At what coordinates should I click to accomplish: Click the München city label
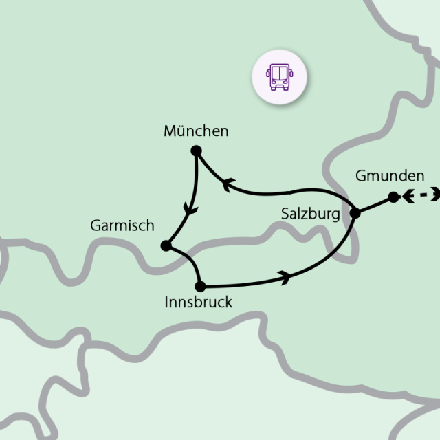tap(196, 131)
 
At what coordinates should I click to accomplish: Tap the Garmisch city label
tap(122, 225)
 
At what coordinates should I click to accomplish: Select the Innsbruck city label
tap(199, 302)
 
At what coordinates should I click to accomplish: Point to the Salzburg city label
tap(311, 214)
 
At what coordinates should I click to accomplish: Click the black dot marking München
tap(196, 151)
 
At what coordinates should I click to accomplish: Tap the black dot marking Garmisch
tap(165, 245)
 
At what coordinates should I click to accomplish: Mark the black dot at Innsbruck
tap(200, 285)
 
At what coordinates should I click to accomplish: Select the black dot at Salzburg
tap(355, 213)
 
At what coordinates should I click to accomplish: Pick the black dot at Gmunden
tap(393, 197)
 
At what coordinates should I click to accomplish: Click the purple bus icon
tap(278, 77)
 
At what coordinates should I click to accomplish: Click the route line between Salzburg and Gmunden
tap(374, 205)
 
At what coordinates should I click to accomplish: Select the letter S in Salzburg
tap(286, 214)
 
